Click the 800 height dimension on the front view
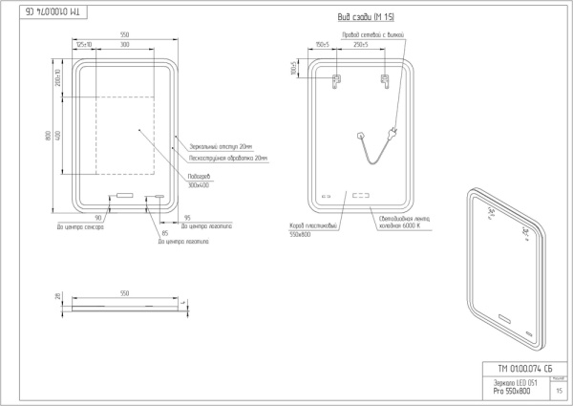click(x=48, y=135)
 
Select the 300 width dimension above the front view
click(x=125, y=45)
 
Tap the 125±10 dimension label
click(x=84, y=45)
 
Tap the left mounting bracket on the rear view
click(x=336, y=82)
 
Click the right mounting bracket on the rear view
click(x=385, y=82)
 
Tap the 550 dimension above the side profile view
click(x=125, y=293)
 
